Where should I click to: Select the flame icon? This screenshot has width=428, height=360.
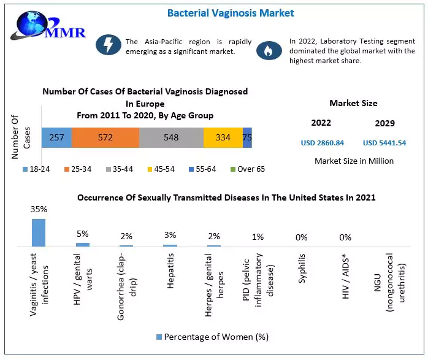point(267,51)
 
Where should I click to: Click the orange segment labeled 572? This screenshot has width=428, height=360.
point(105,137)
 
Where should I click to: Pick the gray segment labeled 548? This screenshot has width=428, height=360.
point(171,137)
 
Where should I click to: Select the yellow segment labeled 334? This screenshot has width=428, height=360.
point(223,137)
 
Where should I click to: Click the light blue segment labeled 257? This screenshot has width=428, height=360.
point(56,137)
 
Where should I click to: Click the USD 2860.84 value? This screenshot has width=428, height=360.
point(323,143)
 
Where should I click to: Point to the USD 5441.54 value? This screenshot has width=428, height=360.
point(384,143)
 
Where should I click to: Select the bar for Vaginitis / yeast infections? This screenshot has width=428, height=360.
point(39,232)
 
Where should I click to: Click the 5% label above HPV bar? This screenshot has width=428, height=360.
point(83,234)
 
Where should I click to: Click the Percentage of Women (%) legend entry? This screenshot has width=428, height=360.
point(213,337)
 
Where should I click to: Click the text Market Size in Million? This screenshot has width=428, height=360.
point(354,161)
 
